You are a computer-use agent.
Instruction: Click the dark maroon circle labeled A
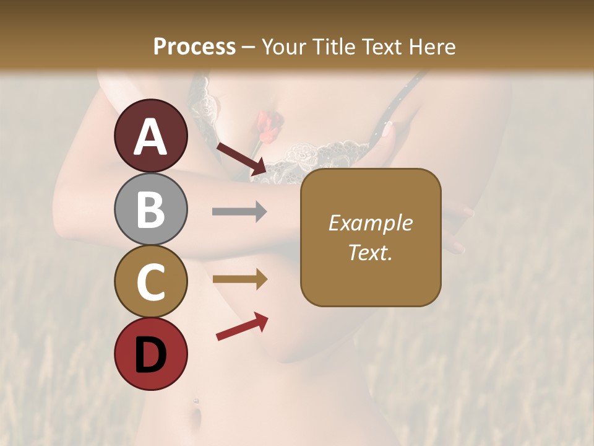pos(151,136)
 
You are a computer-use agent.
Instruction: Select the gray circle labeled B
pos(151,209)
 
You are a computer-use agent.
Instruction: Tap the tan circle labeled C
pos(151,282)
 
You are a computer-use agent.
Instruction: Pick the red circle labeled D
pos(151,354)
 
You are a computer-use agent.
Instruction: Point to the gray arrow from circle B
pos(239,212)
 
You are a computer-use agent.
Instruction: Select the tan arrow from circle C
pos(239,279)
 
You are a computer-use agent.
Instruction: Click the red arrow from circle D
pos(242,326)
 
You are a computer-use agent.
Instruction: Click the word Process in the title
pos(194,47)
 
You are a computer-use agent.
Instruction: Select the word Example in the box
pos(370,223)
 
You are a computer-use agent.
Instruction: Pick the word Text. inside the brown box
pos(370,252)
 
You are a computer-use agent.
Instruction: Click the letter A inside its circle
pos(151,137)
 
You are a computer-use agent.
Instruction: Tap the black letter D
pos(151,355)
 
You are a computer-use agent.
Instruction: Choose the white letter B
pos(151,209)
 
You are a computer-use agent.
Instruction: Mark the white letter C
pos(151,282)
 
